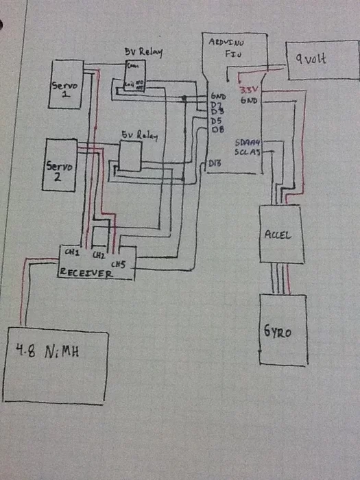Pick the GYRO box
tap(282, 329)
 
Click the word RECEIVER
tap(86, 272)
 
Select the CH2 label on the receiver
tap(99, 255)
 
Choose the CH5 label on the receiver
tap(118, 263)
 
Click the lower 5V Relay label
tap(139, 136)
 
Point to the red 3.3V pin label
tap(247, 90)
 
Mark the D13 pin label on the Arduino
tap(216, 163)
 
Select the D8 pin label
tap(219, 129)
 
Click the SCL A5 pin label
tap(248, 152)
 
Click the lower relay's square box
tap(130, 158)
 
